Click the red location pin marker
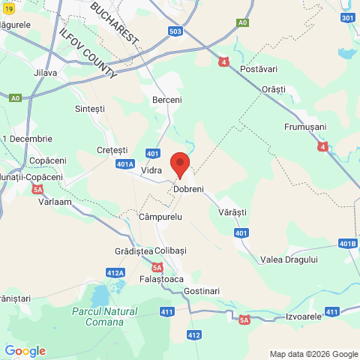pyautogui.click(x=180, y=163)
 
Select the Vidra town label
pyautogui.click(x=151, y=172)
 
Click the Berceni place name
pyautogui.click(x=166, y=100)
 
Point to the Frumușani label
pyautogui.click(x=305, y=127)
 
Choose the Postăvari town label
pyautogui.click(x=258, y=69)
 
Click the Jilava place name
pyautogui.click(x=46, y=73)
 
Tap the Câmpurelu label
pyautogui.click(x=160, y=217)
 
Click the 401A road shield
pyautogui.click(x=126, y=163)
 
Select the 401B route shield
pyautogui.click(x=347, y=243)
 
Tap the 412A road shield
pyautogui.click(x=115, y=272)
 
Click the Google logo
pyautogui.click(x=25, y=351)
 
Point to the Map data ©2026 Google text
pyautogui.click(x=314, y=354)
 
